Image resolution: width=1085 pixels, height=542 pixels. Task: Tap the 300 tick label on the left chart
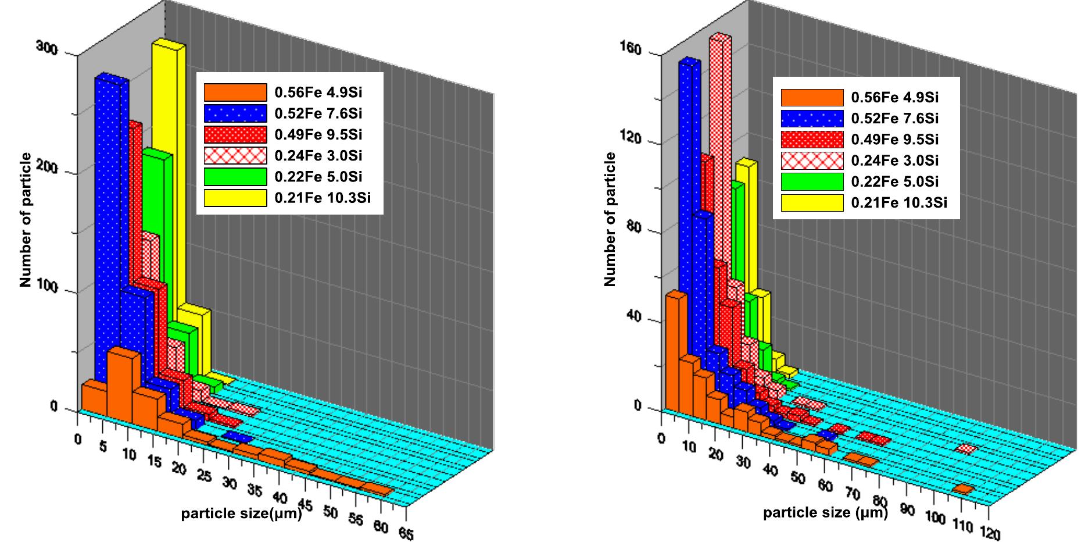point(47,48)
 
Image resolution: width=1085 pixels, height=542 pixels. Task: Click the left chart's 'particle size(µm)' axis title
point(241,514)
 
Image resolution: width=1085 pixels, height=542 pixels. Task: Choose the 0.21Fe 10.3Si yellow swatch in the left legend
point(235,198)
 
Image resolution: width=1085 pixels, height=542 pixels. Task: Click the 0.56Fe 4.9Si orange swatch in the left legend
point(235,92)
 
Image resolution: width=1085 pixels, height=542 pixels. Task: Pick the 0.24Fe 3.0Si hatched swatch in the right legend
point(811,161)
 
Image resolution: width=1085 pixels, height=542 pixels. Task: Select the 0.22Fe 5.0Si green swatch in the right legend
point(811,181)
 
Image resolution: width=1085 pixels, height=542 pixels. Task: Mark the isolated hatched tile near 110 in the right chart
point(965,448)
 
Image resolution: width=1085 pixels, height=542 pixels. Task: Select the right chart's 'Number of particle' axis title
point(610,219)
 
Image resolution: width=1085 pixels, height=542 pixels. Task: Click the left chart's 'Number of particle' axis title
point(25,219)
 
